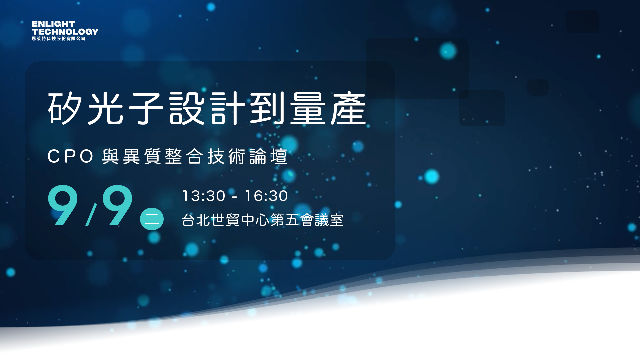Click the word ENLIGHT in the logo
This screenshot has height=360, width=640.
53,24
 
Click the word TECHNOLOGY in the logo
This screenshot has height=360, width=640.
65,32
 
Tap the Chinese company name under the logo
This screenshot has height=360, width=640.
59,39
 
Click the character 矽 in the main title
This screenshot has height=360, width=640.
65,108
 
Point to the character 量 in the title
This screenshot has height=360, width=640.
308,108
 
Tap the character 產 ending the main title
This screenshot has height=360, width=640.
348,108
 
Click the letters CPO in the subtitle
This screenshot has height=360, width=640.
70,156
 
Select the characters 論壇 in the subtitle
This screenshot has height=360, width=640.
268,156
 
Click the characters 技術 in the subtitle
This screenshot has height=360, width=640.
227,156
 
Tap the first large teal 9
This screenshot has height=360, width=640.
63,205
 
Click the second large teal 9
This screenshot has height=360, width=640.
117,205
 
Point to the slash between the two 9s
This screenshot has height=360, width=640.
91,215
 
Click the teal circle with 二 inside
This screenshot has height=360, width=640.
152,219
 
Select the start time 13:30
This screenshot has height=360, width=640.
204,196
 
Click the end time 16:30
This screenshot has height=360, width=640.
266,196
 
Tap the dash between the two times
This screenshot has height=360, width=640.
235,197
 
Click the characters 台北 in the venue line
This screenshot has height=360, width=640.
196,220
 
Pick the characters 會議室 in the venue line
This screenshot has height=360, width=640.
322,220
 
